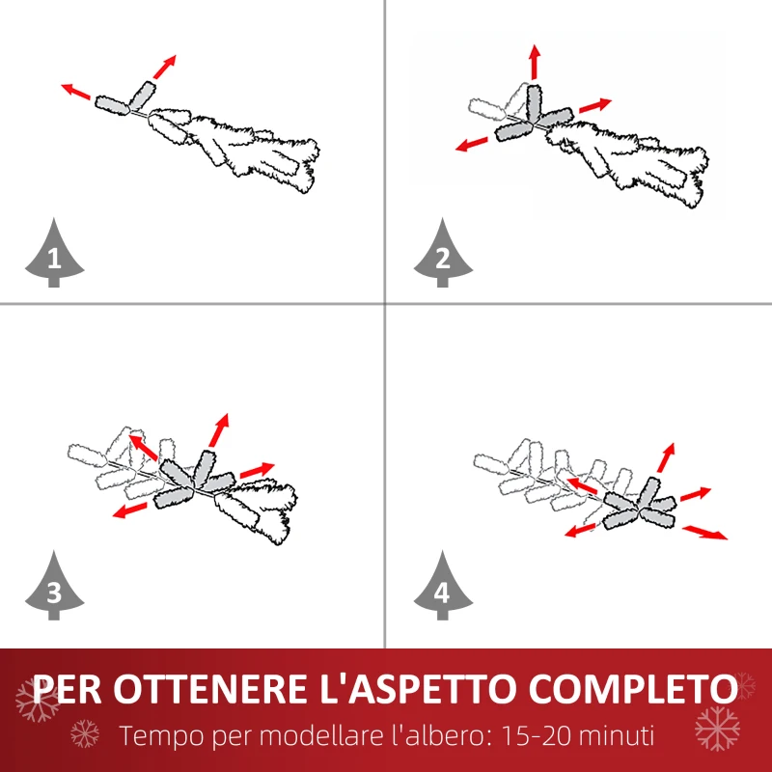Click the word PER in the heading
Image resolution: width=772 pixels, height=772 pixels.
(x=69, y=690)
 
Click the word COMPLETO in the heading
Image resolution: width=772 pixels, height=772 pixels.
(x=637, y=690)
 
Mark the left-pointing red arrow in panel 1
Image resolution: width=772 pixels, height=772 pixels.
(x=76, y=92)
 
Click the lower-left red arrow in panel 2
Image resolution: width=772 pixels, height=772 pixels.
(x=472, y=144)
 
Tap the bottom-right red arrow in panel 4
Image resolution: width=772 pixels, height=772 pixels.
(x=705, y=532)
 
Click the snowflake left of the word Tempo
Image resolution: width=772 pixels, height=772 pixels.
(x=85, y=734)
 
